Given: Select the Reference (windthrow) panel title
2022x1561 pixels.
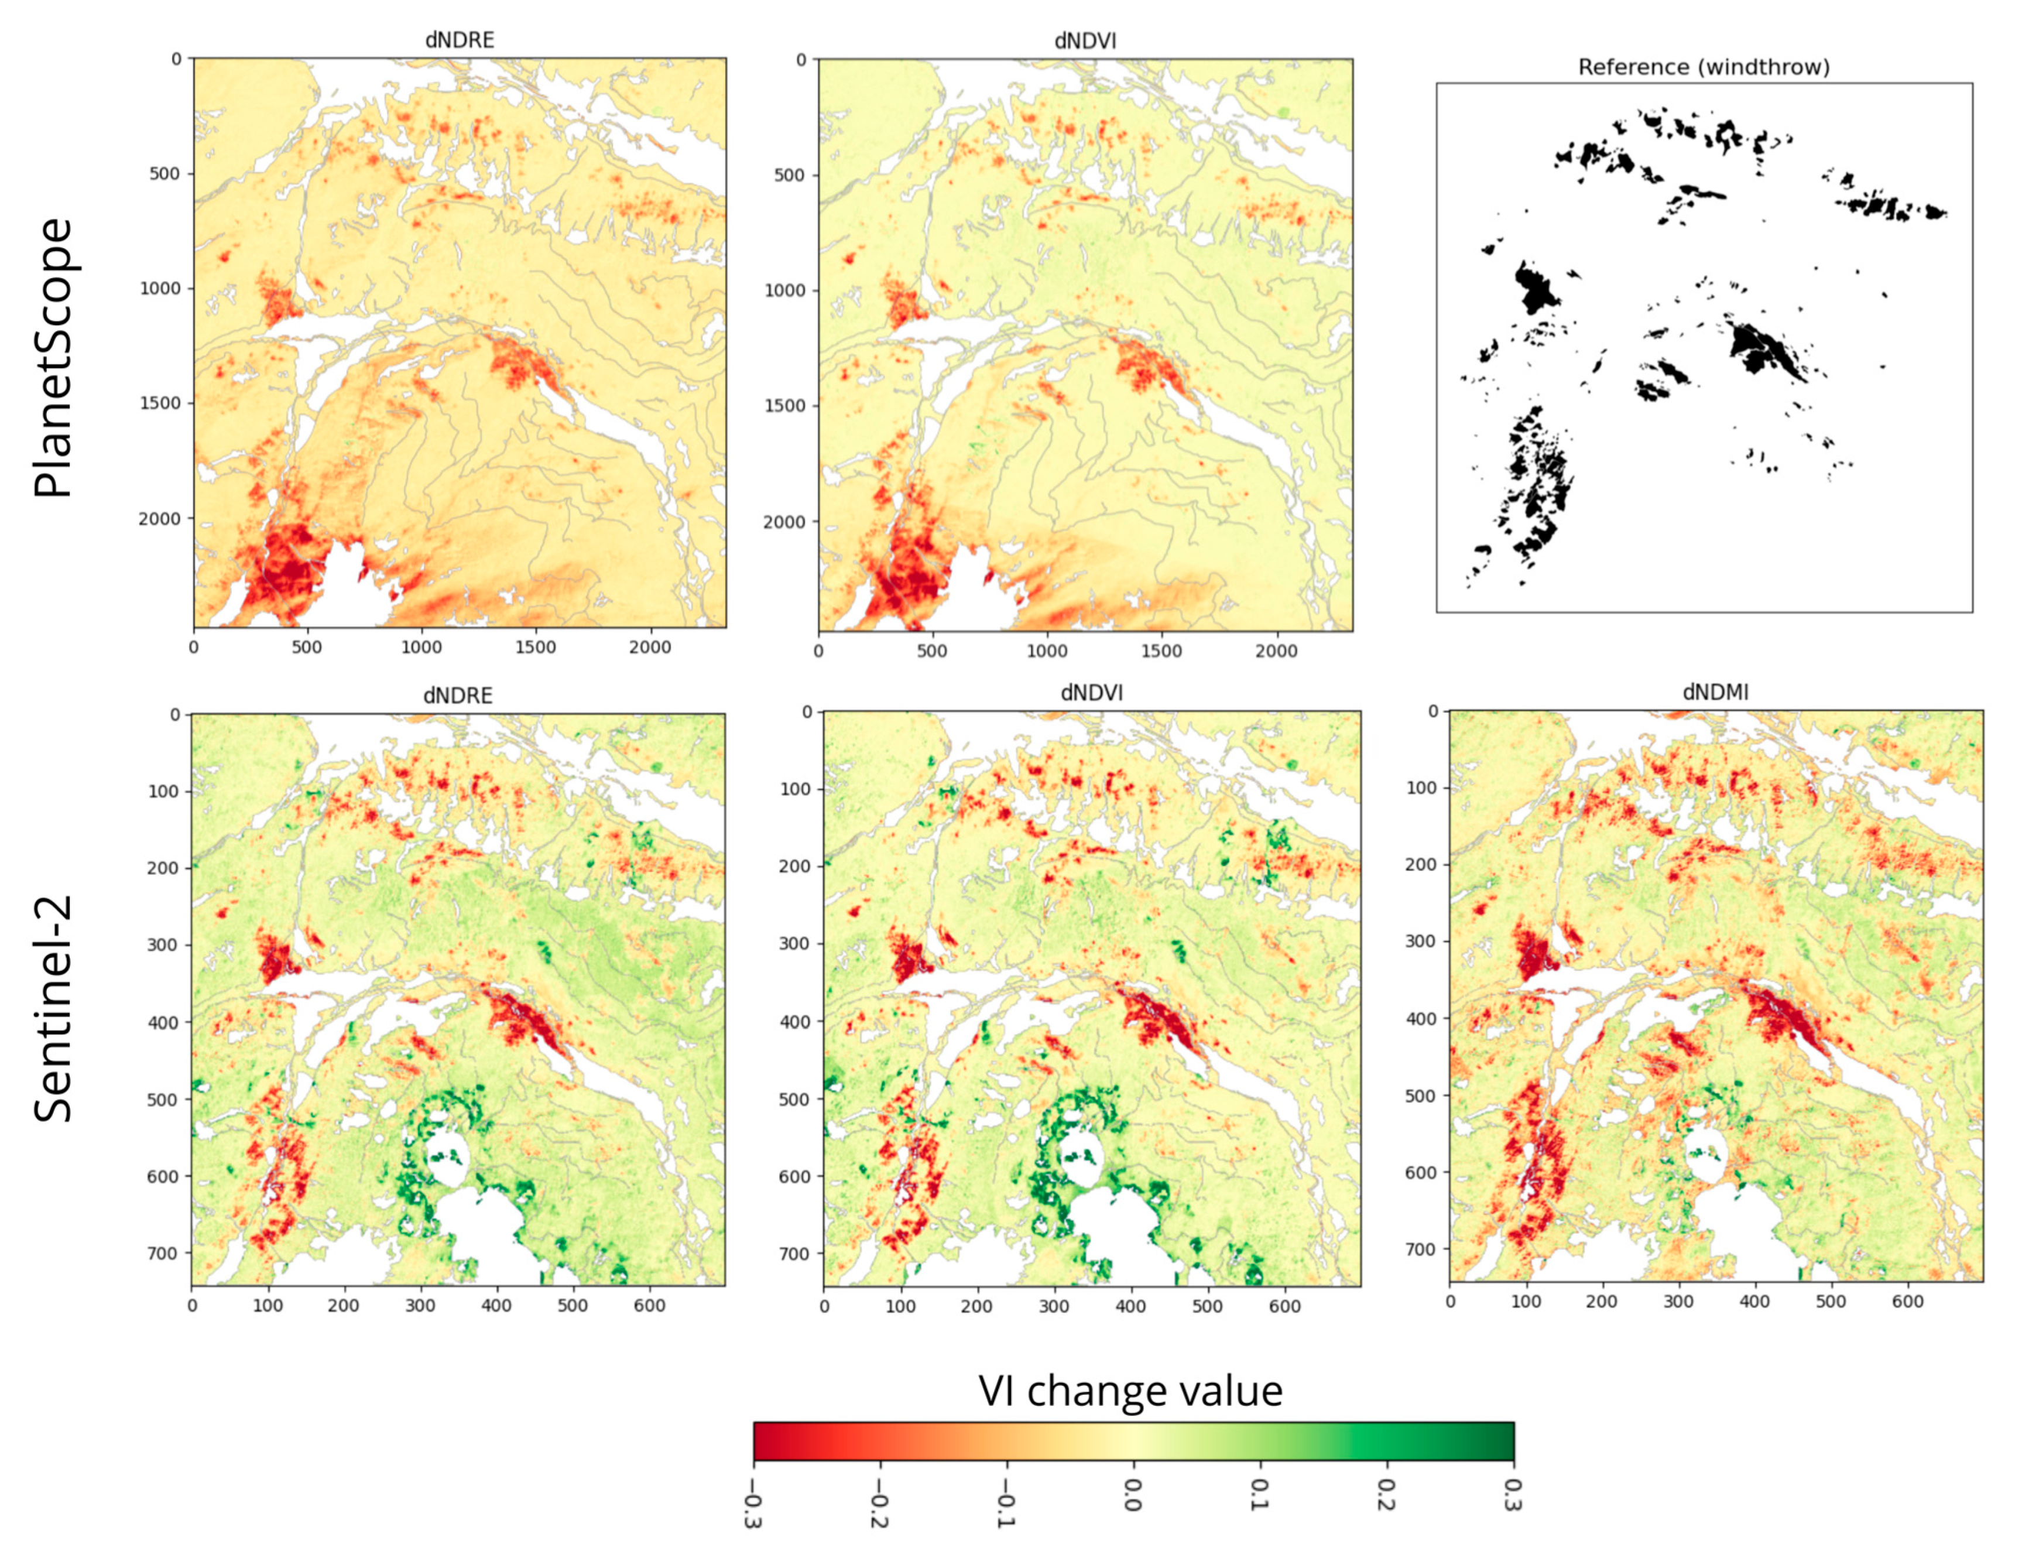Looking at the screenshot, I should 1704,67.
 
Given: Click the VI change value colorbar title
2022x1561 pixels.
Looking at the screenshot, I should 1130,1391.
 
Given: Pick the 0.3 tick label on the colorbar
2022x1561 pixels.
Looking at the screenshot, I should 1513,1492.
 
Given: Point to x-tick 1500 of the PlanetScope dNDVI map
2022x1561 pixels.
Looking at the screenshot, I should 1161,651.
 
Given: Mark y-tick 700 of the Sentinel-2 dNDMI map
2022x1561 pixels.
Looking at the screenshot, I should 1421,1249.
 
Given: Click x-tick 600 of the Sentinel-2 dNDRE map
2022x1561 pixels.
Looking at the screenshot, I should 649,1306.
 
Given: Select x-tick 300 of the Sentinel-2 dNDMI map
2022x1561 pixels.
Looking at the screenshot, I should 1678,1302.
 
